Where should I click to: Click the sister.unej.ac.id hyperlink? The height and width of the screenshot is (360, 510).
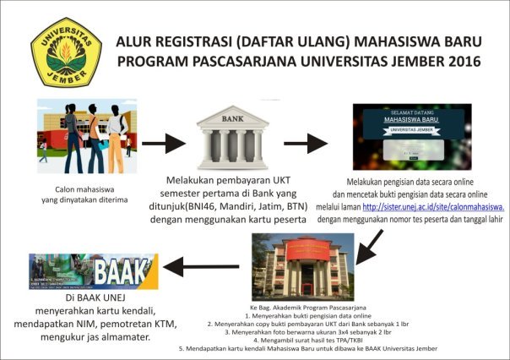434,206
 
